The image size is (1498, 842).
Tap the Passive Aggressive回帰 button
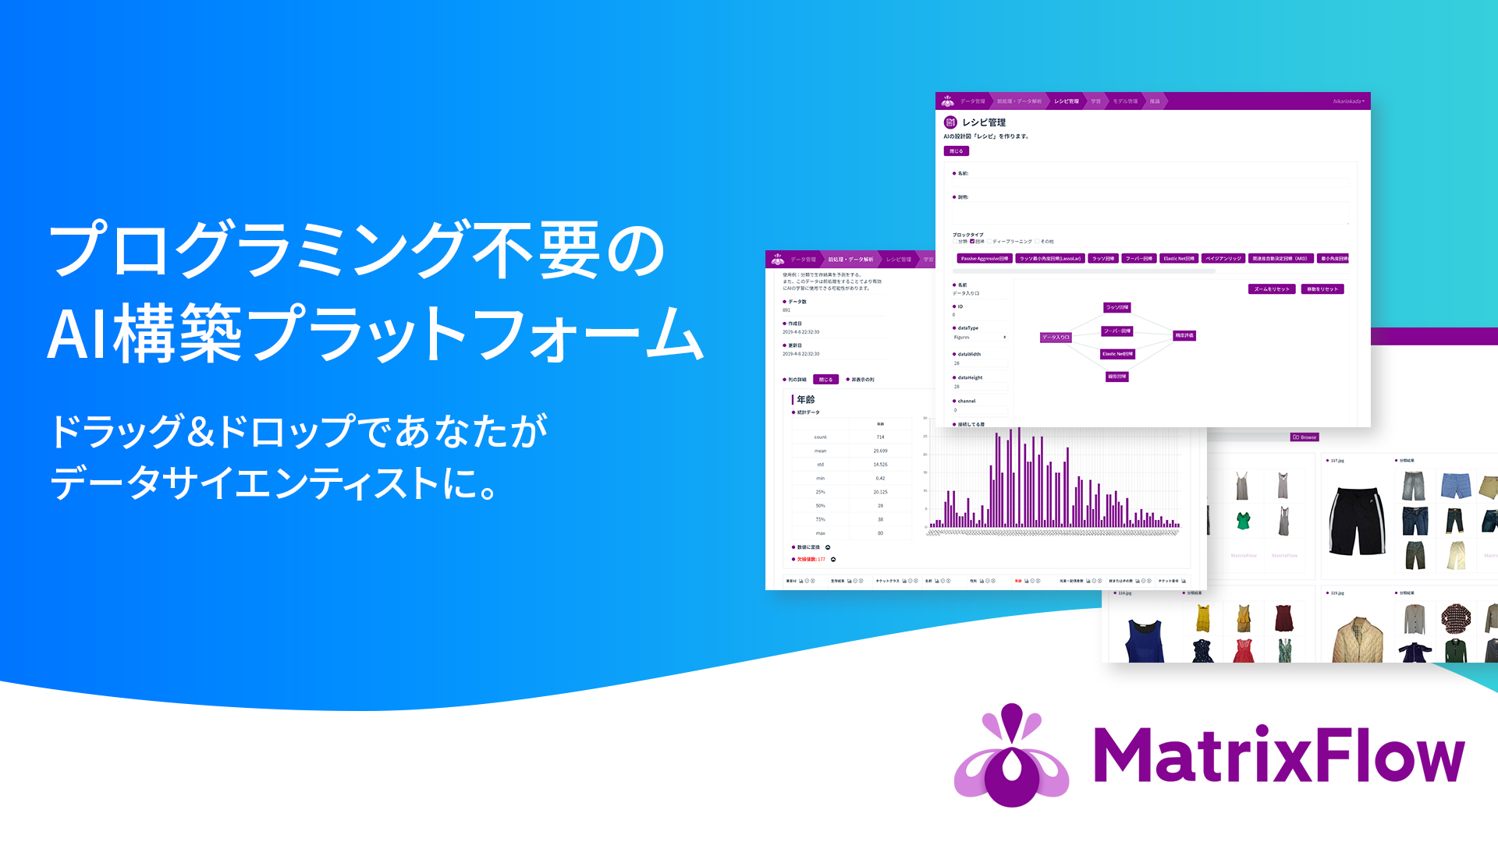pos(984,258)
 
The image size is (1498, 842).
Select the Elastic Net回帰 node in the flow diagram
pos(1117,354)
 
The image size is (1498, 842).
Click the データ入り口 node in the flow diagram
pos(1056,338)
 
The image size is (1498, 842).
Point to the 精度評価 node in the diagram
pos(1184,335)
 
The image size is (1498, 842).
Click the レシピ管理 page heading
pos(983,122)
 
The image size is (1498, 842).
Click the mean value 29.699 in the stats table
pos(880,451)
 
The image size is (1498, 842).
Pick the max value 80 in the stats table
pos(880,533)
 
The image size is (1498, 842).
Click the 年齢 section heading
pos(805,399)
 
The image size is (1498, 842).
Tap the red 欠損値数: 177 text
pos(811,559)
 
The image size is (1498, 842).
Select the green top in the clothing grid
pos(1244,520)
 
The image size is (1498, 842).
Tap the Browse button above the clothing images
pos(1305,437)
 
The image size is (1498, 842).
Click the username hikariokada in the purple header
pos(1347,101)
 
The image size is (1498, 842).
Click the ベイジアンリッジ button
pos(1223,258)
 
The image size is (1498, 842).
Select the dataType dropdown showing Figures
pos(980,338)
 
